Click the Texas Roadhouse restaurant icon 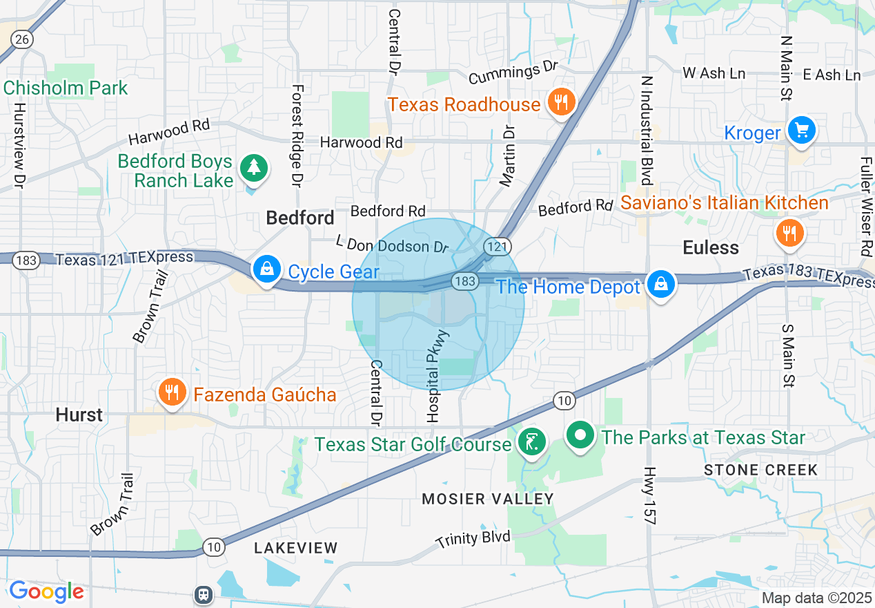pos(561,103)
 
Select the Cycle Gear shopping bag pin pos(266,269)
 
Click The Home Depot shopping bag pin pos(660,283)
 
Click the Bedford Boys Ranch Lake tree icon pos(254,167)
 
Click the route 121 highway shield pos(496,247)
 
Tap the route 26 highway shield pos(22,39)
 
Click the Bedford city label pos(300,218)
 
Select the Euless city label pos(710,247)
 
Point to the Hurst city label pos(79,415)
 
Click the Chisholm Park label pos(66,88)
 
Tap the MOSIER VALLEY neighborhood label pos(488,499)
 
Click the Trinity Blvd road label pos(473,539)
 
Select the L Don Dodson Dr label pos(391,244)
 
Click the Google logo pos(46,591)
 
